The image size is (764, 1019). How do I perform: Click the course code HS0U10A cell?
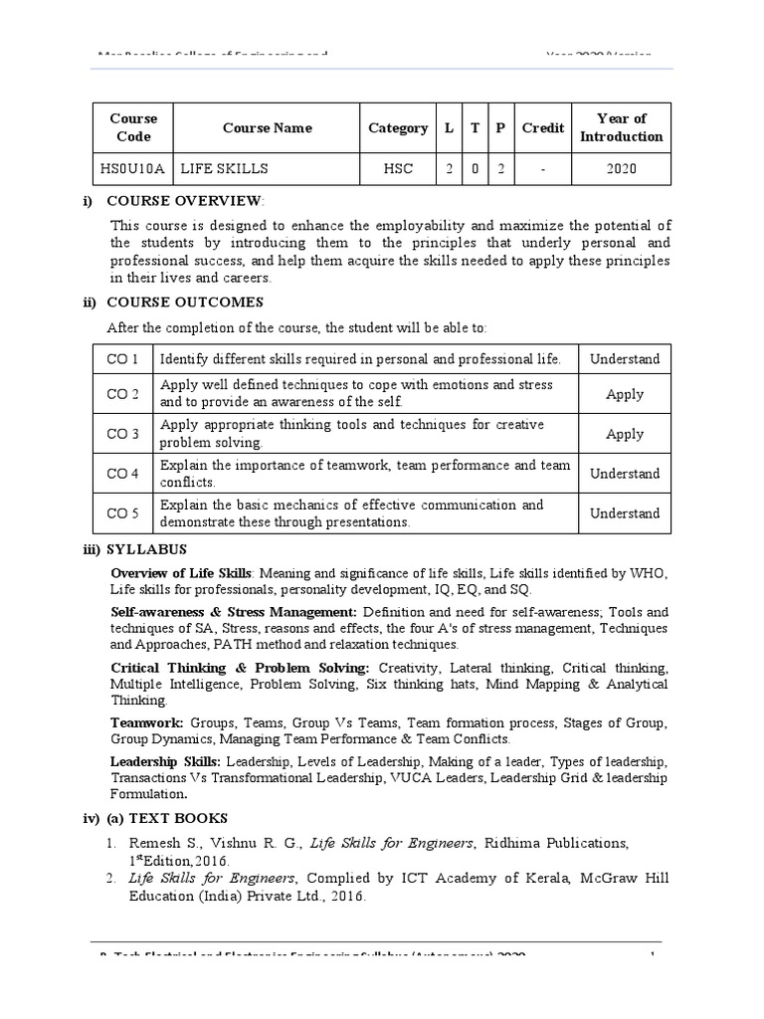point(133,169)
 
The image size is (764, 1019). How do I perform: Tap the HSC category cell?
point(398,169)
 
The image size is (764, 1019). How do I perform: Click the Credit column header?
point(543,127)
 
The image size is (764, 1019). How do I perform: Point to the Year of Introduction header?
point(622,127)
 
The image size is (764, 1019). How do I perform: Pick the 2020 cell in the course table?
point(622,169)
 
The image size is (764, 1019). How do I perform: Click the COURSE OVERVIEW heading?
point(184,200)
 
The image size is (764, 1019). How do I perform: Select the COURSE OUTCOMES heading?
point(184,302)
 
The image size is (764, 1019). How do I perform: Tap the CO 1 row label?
point(122,359)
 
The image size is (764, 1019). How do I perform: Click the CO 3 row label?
point(122,434)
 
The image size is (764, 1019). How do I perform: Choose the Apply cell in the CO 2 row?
point(625,394)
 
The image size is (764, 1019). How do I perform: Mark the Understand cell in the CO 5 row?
point(625,513)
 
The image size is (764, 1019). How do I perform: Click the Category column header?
point(398,127)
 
